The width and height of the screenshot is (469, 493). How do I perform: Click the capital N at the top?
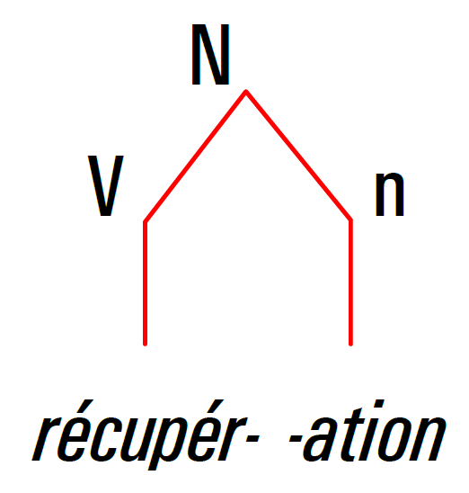click(210, 55)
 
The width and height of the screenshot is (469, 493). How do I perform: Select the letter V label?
click(105, 185)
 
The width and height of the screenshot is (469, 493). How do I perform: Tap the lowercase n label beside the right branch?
click(389, 195)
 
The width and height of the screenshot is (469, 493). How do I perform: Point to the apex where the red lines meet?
click(246, 92)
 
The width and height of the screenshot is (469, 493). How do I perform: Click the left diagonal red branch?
click(195, 157)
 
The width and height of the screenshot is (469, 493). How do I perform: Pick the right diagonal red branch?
click(298, 156)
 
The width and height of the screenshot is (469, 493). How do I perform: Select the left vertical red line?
click(145, 283)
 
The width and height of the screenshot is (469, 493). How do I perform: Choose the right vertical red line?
click(350, 282)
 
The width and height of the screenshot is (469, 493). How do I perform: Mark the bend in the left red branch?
click(145, 221)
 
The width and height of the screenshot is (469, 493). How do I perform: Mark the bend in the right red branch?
click(350, 220)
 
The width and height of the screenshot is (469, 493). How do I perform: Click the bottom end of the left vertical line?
click(145, 345)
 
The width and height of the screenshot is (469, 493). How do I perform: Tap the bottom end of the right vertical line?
click(350, 345)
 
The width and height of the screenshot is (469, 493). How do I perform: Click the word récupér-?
click(146, 435)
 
